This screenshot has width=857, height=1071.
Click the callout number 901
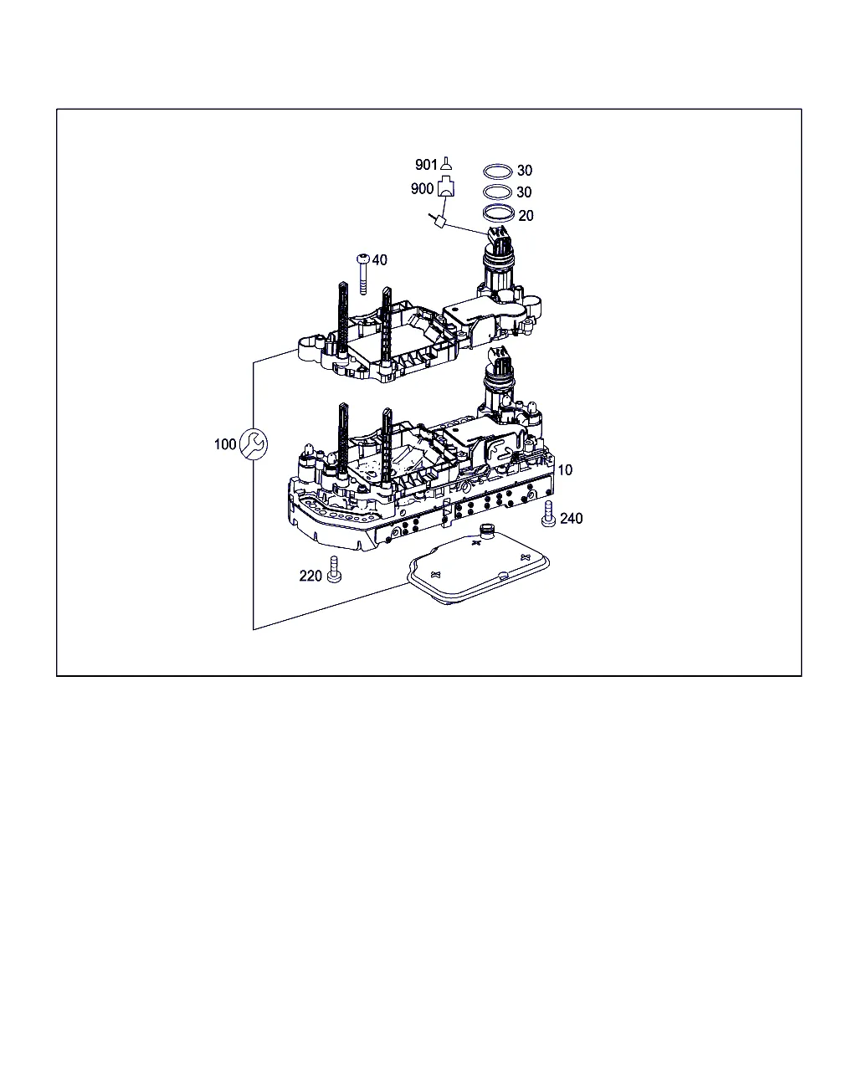pos(426,164)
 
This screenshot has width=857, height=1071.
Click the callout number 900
pos(422,188)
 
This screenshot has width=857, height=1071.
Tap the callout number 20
pos(526,216)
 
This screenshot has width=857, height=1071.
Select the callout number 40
pos(379,259)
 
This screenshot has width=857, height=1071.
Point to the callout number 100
pos(224,444)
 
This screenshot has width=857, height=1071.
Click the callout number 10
pos(565,469)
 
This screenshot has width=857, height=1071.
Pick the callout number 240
pos(571,519)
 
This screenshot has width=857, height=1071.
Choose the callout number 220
pos(310,576)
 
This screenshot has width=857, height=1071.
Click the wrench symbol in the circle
pos(254,444)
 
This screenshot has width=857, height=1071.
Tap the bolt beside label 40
pos(363,274)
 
